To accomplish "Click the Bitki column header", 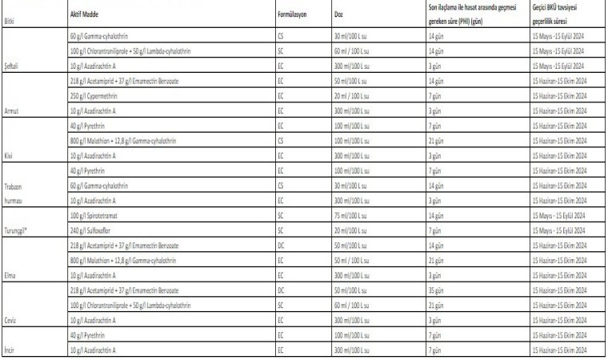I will tap(10, 21).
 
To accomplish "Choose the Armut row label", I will tap(13, 110).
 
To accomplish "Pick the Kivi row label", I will tap(10, 154).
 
